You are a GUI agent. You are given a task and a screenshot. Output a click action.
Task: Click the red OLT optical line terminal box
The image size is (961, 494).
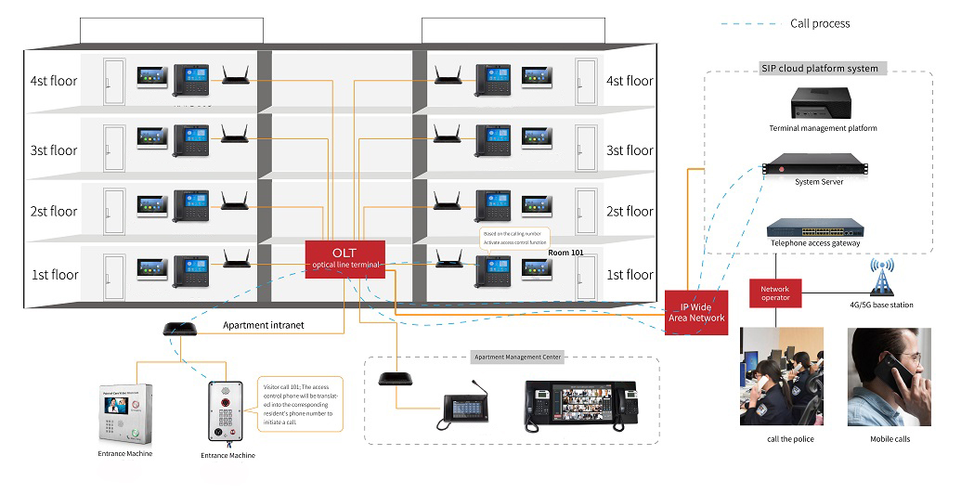pos(344,257)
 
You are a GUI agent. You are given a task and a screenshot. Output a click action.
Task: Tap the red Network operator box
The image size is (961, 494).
pos(775,292)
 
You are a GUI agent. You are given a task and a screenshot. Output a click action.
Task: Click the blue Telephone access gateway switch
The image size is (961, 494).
pos(815,228)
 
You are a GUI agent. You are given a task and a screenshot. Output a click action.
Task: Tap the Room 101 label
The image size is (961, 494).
pos(565,252)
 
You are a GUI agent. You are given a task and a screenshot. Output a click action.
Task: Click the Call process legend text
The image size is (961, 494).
pos(819,23)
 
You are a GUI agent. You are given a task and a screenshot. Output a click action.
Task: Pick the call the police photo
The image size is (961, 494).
pos(779,376)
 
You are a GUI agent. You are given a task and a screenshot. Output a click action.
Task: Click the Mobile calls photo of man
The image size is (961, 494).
pos(889,376)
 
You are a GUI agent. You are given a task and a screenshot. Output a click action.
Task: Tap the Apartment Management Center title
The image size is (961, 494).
pos(518,357)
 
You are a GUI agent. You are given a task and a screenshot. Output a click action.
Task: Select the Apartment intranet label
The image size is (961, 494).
pos(264,326)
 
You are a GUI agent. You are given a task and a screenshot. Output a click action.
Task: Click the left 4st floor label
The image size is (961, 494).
pos(53,81)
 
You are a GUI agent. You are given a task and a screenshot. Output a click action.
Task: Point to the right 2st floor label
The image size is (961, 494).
pos(630,212)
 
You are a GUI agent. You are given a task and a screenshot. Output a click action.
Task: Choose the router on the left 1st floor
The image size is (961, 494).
pos(236,261)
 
